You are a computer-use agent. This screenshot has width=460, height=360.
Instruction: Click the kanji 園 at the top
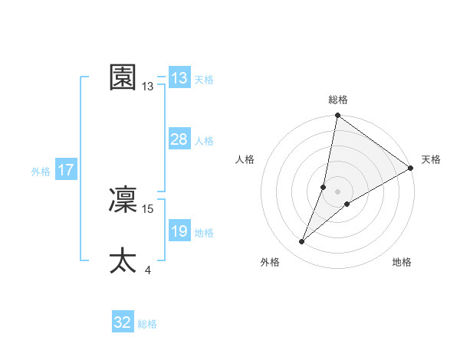click(123, 77)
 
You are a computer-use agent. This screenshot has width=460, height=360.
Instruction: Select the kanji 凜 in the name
click(123, 199)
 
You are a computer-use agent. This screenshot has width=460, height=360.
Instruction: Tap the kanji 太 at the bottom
click(123, 261)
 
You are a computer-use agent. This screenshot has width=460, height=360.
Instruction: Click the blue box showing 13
click(179, 78)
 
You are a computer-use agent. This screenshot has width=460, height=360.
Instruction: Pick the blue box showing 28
click(179, 139)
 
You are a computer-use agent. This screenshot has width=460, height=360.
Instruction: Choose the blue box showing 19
click(179, 231)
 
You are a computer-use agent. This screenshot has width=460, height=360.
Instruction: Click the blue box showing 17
click(66, 170)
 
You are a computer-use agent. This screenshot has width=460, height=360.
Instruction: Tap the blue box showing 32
click(123, 322)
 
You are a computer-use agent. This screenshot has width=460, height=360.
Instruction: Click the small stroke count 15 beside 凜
click(148, 208)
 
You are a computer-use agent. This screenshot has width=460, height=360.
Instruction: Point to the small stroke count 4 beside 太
click(147, 270)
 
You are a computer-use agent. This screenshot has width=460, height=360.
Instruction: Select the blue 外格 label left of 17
click(41, 172)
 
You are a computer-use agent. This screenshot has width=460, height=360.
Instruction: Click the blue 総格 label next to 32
click(147, 324)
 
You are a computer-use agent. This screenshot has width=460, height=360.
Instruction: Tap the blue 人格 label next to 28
click(204, 141)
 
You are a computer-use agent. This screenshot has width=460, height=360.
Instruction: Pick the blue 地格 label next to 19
click(204, 233)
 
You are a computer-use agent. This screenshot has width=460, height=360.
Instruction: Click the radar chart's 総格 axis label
click(338, 100)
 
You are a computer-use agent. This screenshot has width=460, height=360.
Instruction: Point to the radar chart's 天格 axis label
click(431, 159)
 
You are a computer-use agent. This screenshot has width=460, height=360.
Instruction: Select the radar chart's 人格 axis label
click(245, 159)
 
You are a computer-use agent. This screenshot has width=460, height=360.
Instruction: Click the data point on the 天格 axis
click(410, 169)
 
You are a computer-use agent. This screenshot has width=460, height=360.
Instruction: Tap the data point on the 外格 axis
click(302, 242)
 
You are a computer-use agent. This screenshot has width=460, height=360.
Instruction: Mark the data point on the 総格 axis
click(338, 116)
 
